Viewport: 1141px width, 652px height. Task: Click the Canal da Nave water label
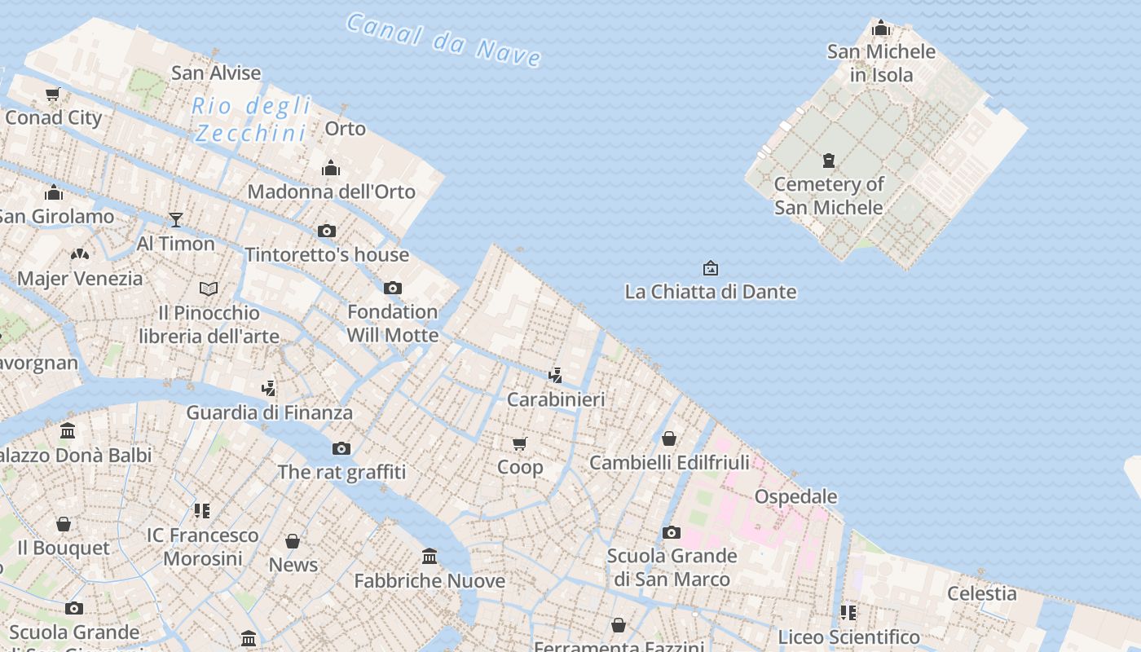coord(443,39)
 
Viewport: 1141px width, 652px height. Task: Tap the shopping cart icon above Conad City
coord(53,94)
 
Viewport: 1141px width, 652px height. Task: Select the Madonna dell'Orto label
coord(331,192)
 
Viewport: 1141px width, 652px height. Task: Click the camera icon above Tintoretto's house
coord(327,231)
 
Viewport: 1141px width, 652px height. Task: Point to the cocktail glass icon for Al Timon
coord(175,219)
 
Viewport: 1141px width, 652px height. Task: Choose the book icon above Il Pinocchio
coord(209,289)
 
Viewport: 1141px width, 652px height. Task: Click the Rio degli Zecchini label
coord(251,119)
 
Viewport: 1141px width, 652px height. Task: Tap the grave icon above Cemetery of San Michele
coord(829,160)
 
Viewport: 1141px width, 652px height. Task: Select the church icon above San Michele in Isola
coord(881,29)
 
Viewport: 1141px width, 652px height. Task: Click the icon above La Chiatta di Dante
coord(711,267)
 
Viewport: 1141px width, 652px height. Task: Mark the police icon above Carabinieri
coord(555,376)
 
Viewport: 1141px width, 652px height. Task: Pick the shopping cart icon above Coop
coord(520,443)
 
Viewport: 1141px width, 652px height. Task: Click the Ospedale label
coord(795,496)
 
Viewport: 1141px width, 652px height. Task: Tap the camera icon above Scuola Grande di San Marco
coord(672,532)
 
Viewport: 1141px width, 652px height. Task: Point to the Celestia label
coord(981,593)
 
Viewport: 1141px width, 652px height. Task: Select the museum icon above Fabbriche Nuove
coord(430,557)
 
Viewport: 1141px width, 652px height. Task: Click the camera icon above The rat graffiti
coord(341,448)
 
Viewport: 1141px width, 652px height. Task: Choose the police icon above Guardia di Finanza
coord(269,388)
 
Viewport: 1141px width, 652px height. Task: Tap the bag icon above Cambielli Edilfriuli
coord(669,438)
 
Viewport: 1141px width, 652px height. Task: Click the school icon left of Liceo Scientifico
coord(848,612)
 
